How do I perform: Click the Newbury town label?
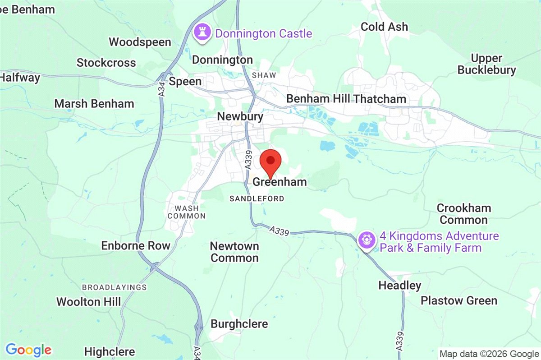[240, 116]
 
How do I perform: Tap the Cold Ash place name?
[384, 27]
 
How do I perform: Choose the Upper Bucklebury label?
[486, 64]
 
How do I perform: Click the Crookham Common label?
[464, 214]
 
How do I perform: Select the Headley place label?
[399, 286]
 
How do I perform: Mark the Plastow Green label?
[459, 300]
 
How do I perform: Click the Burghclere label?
[239, 324]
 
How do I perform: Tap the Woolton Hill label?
[89, 301]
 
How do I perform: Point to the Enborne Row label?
[136, 246]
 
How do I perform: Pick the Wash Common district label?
[186, 212]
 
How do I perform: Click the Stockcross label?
[106, 63]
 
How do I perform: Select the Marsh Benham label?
[94, 104]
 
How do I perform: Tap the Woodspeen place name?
[140, 42]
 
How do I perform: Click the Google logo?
[28, 350]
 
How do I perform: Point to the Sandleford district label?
[257, 198]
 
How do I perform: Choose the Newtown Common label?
[234, 252]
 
